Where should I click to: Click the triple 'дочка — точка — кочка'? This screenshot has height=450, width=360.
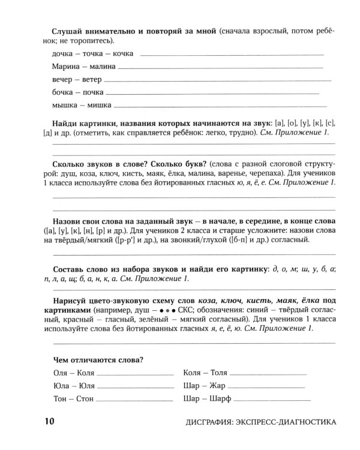coord(89,53)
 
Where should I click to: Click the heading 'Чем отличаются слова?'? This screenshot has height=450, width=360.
coord(96,359)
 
